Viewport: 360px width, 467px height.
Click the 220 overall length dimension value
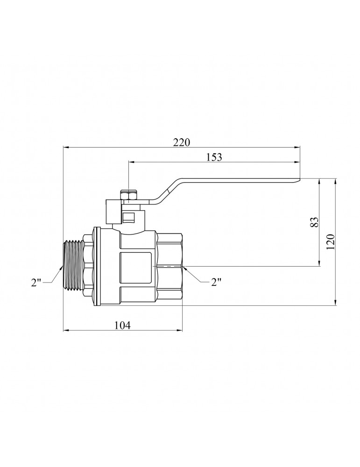181,142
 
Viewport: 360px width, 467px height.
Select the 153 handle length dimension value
214,157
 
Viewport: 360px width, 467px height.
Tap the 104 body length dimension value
122,325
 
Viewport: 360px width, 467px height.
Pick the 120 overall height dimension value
331,242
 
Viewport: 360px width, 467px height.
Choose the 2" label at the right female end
216,282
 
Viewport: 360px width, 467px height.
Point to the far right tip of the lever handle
300,179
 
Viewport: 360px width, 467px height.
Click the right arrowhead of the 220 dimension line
297,147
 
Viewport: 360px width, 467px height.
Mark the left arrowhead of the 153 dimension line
132,162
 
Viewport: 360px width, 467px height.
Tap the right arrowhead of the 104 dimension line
179,330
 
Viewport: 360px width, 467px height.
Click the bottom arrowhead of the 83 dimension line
319,262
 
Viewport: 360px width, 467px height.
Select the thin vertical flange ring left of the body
96,267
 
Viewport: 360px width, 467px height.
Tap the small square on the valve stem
128,217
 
